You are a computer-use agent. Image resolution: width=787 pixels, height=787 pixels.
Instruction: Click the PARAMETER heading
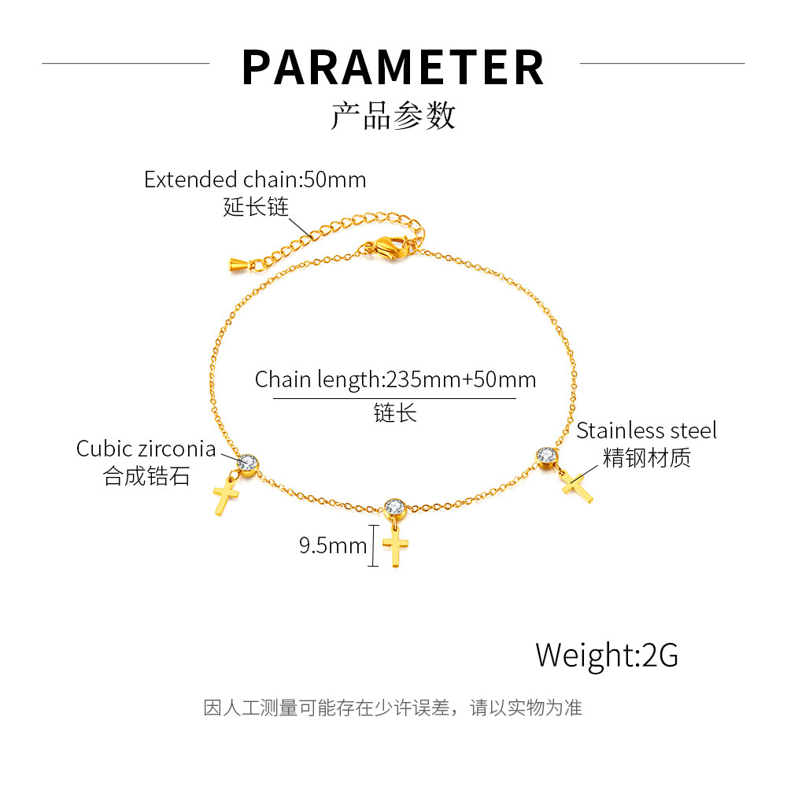click(393, 68)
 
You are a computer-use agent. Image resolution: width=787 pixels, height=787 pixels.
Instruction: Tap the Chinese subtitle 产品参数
click(393, 116)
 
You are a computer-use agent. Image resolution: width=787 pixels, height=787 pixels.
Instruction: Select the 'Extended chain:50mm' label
click(255, 179)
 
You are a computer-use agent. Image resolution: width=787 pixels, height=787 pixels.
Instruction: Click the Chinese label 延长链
click(256, 207)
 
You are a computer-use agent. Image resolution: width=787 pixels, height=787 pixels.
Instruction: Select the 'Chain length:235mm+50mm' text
click(395, 380)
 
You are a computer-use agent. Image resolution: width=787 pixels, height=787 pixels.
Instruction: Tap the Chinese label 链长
click(395, 412)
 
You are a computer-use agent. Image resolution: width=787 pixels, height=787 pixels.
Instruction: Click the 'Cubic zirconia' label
click(146, 449)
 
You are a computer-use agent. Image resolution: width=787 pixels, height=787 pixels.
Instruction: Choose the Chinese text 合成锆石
click(147, 476)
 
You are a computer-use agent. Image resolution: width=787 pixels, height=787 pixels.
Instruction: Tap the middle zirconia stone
click(394, 508)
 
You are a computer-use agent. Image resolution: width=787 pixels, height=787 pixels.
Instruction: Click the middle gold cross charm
click(396, 546)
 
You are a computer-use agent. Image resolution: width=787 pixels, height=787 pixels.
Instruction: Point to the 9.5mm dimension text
click(333, 545)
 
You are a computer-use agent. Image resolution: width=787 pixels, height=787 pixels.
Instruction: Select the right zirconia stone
click(546, 456)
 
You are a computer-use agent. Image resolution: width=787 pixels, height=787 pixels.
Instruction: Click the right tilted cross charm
click(578, 485)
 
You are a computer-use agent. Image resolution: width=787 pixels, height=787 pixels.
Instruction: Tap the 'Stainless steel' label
click(646, 430)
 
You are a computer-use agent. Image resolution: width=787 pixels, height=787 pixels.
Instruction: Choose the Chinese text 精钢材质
click(646, 458)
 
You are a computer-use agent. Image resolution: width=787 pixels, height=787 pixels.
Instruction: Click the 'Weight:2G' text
click(607, 654)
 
